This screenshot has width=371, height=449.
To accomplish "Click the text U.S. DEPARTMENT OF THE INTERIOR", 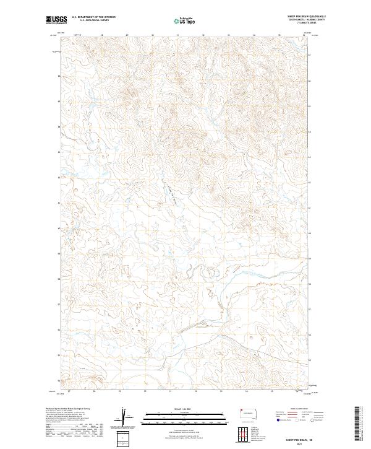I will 93,17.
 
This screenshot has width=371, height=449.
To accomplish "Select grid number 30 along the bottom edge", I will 145,391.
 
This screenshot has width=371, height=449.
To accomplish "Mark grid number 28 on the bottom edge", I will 94,391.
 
